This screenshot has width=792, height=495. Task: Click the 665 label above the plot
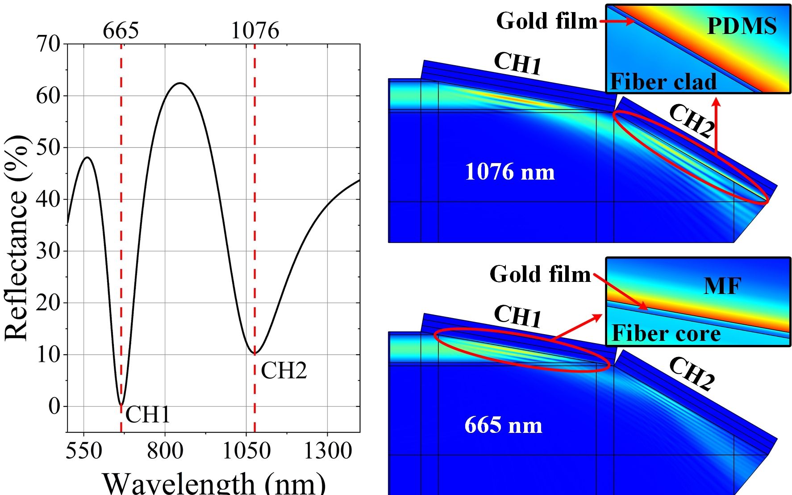click(x=121, y=31)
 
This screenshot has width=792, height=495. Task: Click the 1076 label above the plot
click(x=255, y=31)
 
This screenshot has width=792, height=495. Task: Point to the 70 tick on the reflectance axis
click(x=48, y=44)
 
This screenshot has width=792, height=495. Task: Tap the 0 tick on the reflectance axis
click(x=54, y=407)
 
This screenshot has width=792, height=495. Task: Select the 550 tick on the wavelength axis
click(x=84, y=450)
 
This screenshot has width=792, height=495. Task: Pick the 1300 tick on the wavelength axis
click(x=328, y=450)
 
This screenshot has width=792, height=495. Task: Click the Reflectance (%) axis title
click(x=17, y=237)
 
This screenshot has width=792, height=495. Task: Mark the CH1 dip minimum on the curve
click(x=121, y=404)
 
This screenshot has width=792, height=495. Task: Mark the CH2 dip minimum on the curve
click(x=255, y=354)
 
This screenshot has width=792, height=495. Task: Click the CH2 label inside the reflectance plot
click(x=284, y=370)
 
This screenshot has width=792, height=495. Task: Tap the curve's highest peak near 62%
click(x=180, y=83)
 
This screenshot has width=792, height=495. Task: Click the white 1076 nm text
click(x=510, y=172)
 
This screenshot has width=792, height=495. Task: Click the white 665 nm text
click(x=503, y=425)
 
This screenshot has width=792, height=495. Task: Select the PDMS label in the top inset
click(x=742, y=26)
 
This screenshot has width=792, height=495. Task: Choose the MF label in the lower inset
click(x=722, y=286)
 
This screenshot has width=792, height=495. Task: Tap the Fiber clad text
click(x=663, y=81)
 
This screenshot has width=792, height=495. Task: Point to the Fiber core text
click(x=666, y=333)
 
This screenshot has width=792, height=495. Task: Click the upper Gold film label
click(x=547, y=21)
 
